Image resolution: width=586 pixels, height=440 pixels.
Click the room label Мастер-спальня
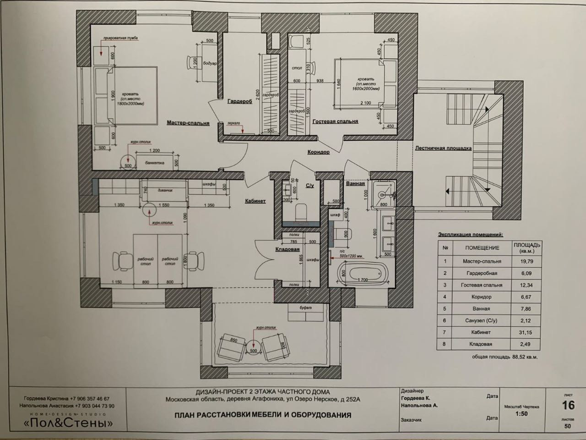click(x=188, y=123)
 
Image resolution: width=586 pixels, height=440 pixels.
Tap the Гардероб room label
click(x=240, y=102)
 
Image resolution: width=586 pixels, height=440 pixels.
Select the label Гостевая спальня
click(x=335, y=121)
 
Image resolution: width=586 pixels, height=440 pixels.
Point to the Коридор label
click(x=318, y=152)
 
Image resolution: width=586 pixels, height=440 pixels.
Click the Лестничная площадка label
click(x=443, y=148)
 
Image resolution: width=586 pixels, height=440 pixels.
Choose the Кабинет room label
click(x=255, y=201)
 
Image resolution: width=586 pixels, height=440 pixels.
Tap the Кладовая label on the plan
click(x=287, y=250)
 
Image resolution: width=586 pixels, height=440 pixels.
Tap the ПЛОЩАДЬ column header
click(x=527, y=247)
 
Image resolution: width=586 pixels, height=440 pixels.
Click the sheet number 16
click(x=568, y=405)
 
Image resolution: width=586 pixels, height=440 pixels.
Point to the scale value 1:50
click(x=521, y=414)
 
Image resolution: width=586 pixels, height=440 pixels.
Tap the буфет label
click(x=305, y=308)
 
